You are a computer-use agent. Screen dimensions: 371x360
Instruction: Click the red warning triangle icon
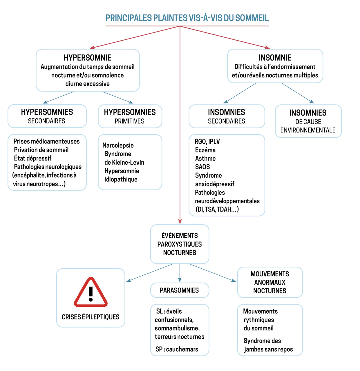pos(91,293)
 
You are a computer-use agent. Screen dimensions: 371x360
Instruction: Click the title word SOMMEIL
pos(252,18)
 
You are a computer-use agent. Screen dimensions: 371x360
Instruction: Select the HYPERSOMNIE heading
pos(87,58)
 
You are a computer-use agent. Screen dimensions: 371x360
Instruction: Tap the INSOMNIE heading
pos(275,58)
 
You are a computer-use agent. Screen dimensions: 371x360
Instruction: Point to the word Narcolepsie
pos(118,145)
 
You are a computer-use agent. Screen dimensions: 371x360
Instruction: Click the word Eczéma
pos(205,150)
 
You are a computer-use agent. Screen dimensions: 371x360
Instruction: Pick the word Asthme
pos(205,159)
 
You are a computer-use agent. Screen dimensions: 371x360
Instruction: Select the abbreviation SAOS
pos(202,167)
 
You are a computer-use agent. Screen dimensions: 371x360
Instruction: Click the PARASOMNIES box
pos(179,290)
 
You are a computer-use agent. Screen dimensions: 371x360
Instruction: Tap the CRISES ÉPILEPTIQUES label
pos(91,317)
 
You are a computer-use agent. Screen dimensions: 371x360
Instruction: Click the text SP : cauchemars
pos(177,349)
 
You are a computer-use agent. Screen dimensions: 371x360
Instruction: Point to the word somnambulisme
pos(177,328)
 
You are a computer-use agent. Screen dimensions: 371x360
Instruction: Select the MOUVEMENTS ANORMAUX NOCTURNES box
pos(270,282)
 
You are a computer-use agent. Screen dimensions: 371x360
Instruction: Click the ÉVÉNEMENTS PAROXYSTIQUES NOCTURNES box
pos(180,244)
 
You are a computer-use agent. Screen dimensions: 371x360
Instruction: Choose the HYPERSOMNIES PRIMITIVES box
pos(130,116)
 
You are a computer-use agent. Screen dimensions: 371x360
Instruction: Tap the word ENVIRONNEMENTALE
pos(308,130)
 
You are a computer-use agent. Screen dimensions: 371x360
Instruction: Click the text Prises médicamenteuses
pos(46,141)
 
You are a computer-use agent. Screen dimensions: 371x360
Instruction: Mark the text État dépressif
pos(32,158)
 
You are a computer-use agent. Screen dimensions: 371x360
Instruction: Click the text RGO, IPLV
pos(207,141)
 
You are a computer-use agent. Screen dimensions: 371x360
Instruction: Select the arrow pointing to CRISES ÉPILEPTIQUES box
pos(149,273)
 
